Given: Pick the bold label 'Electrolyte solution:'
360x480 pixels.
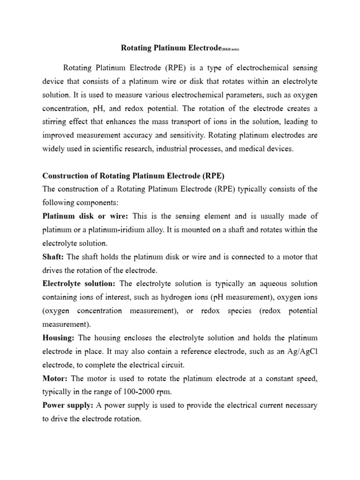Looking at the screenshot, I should coord(79,284).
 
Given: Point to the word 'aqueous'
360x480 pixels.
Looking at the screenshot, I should coord(266,284).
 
